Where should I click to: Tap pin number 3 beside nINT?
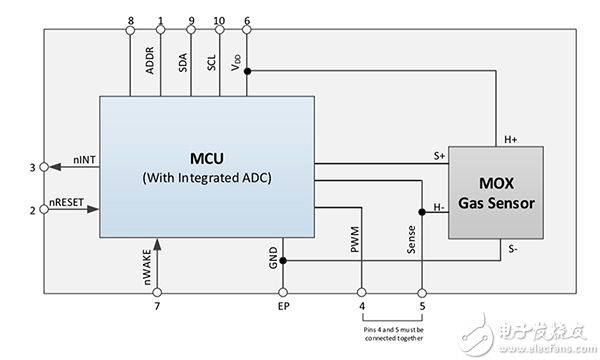tap(32, 167)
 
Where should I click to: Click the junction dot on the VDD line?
tap(248, 71)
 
